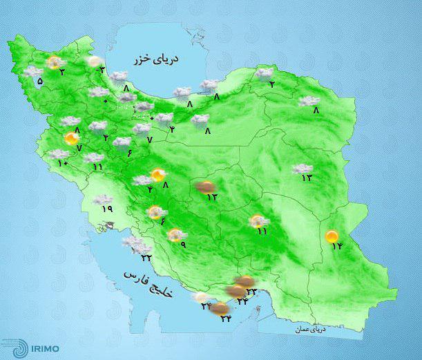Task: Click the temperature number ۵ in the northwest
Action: pyautogui.click(x=39, y=82)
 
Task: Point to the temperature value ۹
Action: pyautogui.click(x=183, y=245)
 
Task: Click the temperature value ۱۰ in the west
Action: pyautogui.click(x=63, y=163)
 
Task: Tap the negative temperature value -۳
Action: pyautogui.click(x=102, y=68)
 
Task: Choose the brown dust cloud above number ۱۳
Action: pyautogui.click(x=205, y=186)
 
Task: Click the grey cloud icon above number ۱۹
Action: pyautogui.click(x=104, y=200)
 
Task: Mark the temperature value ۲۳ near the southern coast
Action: pyautogui.click(x=251, y=292)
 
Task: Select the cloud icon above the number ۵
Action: pyautogui.click(x=32, y=72)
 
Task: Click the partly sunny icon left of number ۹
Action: pyautogui.click(x=174, y=235)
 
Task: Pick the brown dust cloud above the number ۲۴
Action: pyautogui.click(x=219, y=307)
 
